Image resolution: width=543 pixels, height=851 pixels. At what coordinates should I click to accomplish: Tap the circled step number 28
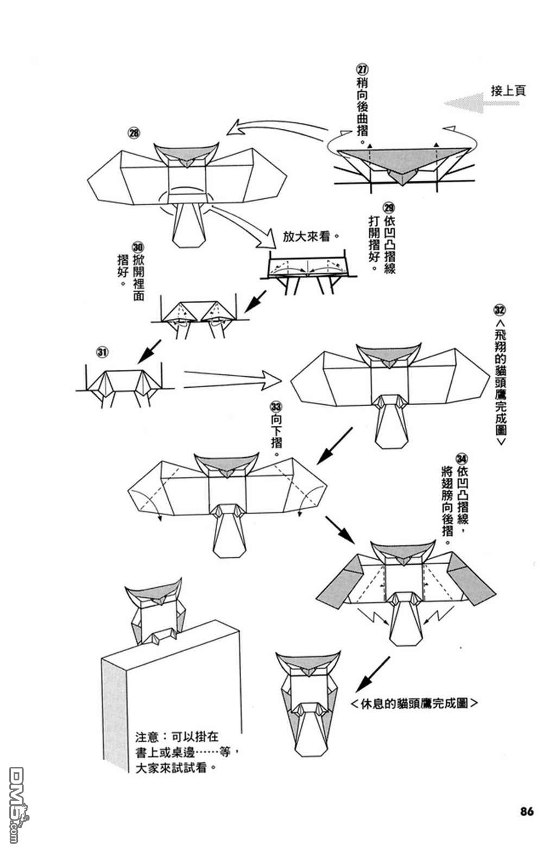tap(133, 131)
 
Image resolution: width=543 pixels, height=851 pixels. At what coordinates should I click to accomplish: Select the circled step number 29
tap(389, 207)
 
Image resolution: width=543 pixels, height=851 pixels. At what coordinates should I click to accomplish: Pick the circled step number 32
tap(500, 310)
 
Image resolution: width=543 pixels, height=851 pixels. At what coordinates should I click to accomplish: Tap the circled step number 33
tap(276, 406)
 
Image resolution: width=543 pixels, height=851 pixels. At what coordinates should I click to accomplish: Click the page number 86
tap(526, 811)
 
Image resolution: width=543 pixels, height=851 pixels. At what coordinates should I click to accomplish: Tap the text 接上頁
tap(508, 90)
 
